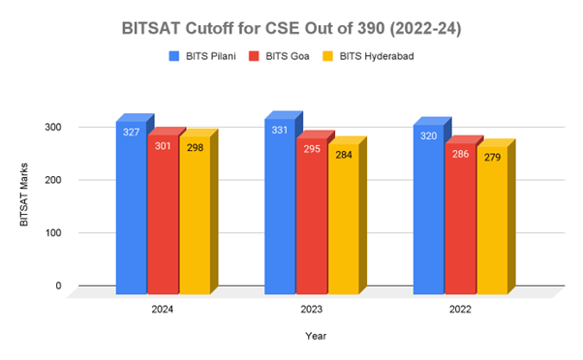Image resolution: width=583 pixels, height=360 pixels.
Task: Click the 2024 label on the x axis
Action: point(163,311)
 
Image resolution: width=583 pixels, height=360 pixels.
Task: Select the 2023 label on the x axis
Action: point(311,311)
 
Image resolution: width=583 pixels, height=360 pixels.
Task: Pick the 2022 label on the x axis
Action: point(459,311)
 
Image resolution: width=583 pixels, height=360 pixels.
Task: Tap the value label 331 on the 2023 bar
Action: point(280,130)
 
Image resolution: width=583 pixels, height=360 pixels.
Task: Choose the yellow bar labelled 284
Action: point(343,223)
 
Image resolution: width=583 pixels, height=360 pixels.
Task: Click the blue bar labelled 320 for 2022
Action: point(428,213)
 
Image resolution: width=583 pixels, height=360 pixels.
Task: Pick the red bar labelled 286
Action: point(460,223)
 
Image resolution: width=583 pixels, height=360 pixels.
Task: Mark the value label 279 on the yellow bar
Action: point(492,157)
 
